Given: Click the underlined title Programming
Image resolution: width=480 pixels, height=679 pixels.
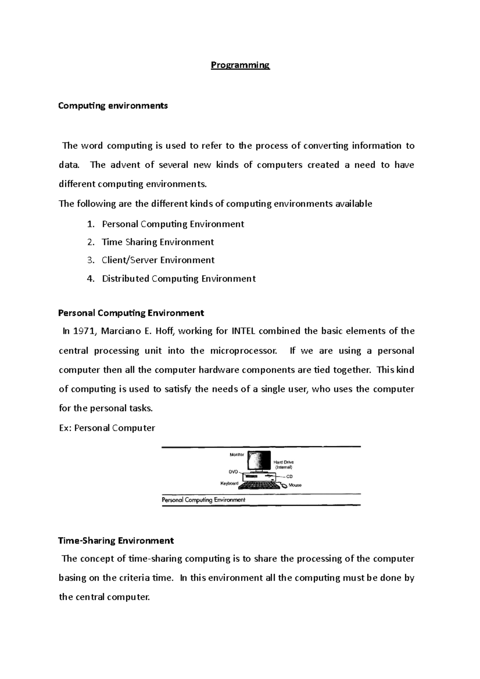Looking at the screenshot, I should (240, 65).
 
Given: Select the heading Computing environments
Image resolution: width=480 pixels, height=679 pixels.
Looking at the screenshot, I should (113, 106).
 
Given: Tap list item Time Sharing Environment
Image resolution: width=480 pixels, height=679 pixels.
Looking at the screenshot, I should (158, 242).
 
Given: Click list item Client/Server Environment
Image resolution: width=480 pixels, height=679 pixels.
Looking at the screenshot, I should (158, 260).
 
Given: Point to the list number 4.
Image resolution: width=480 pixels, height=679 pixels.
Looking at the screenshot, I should (90, 279).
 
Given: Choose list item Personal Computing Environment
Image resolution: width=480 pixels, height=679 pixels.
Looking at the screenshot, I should (173, 224).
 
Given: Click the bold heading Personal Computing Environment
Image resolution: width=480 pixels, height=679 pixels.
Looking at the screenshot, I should (131, 313).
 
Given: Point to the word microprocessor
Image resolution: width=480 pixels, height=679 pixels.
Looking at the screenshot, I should (243, 351).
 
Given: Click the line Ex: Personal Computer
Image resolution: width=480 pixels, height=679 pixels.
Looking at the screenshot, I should (107, 428).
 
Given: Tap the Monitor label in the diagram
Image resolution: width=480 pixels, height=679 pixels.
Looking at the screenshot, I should (237, 455).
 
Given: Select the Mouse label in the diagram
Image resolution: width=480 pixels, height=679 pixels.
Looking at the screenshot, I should (295, 485).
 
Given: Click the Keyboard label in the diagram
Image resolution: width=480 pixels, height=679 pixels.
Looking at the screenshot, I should (229, 483).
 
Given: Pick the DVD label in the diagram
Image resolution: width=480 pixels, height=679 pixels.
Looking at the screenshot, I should (233, 471).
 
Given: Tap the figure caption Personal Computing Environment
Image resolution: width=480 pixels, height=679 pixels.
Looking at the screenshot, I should (203, 500).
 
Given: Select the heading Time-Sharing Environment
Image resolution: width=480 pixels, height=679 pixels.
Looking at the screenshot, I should (116, 541).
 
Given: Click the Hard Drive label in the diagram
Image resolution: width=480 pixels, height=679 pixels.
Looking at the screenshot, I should (284, 462).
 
